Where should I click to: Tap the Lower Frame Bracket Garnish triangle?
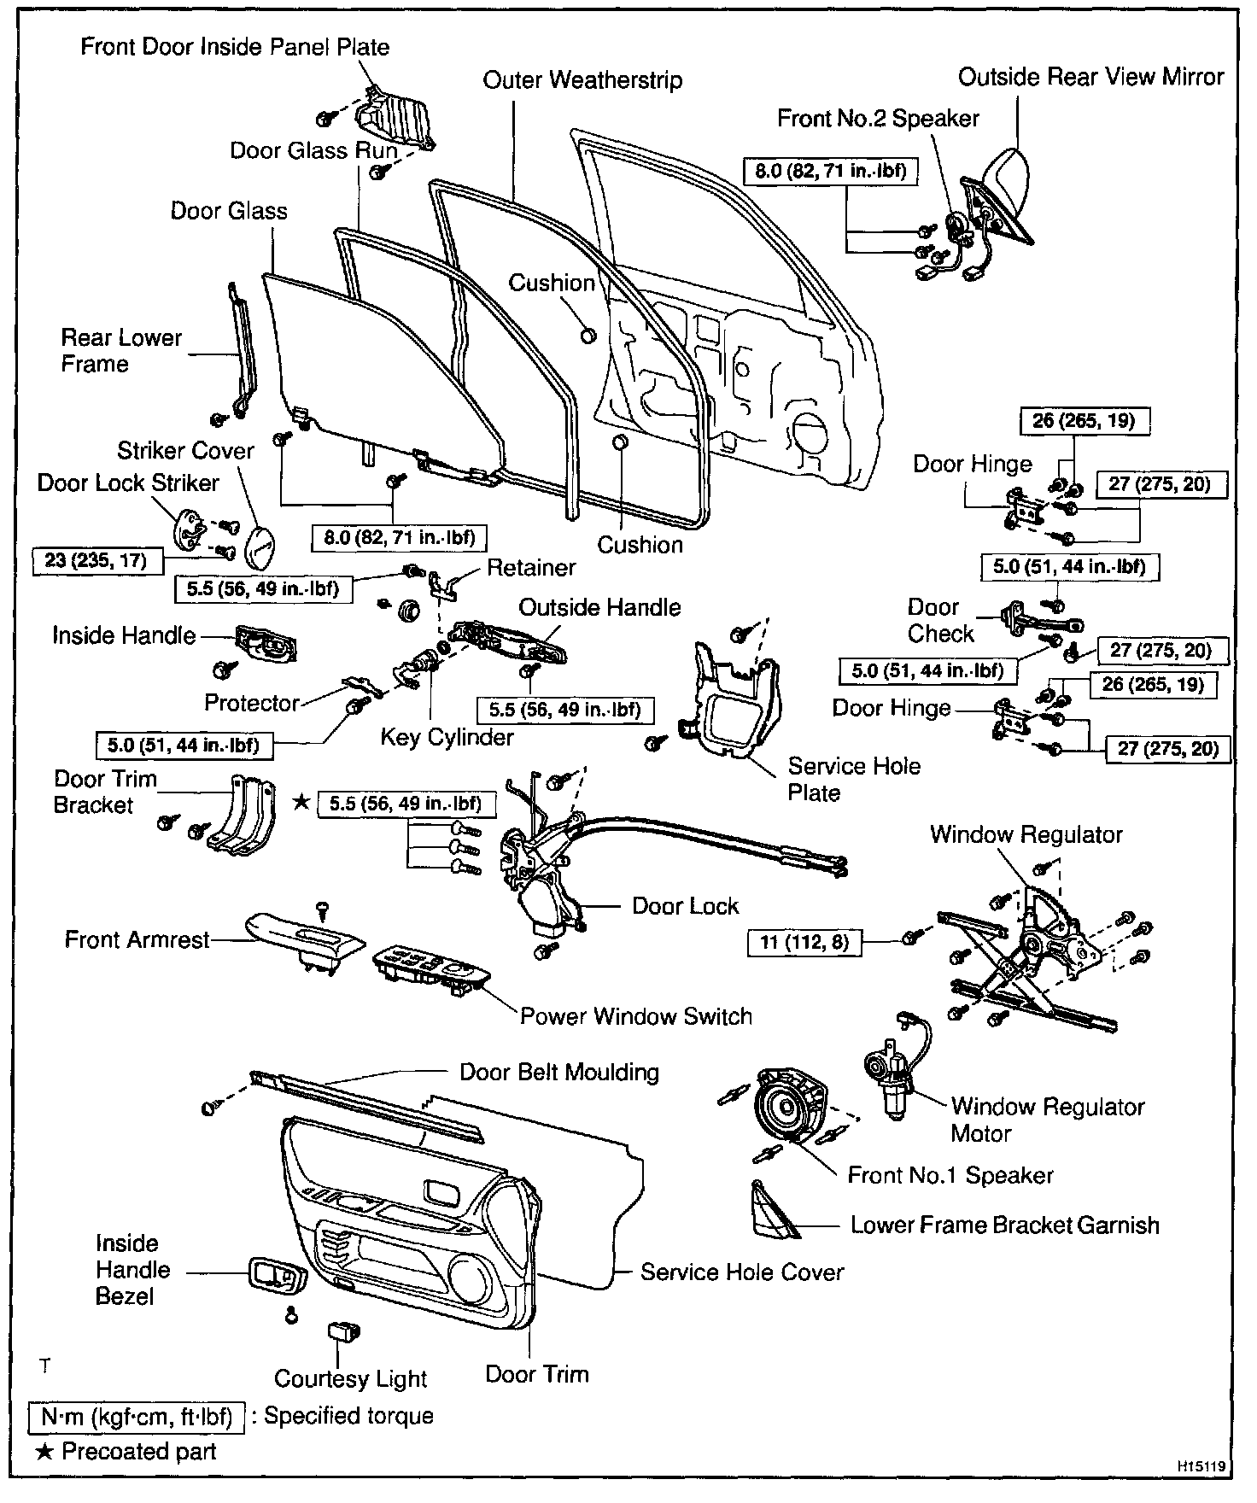coord(771,1211)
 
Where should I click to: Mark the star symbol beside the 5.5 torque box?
coord(301,803)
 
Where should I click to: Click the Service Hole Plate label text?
coord(853,779)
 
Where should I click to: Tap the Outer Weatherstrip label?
coord(582,80)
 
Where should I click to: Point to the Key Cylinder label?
coord(447,737)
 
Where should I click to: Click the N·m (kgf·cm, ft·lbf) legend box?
coord(137,1416)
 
